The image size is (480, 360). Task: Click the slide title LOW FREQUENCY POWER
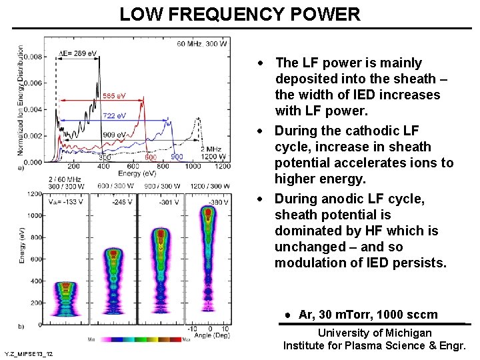240,14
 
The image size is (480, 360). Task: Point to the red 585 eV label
113,96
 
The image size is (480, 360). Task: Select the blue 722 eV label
114,115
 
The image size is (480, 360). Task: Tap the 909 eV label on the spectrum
114,135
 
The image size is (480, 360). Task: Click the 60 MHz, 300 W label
202,44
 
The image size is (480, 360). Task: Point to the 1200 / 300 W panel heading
211,185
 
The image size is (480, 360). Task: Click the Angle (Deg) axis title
211,335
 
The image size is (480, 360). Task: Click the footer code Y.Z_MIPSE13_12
29,353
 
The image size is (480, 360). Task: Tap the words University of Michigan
374,333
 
